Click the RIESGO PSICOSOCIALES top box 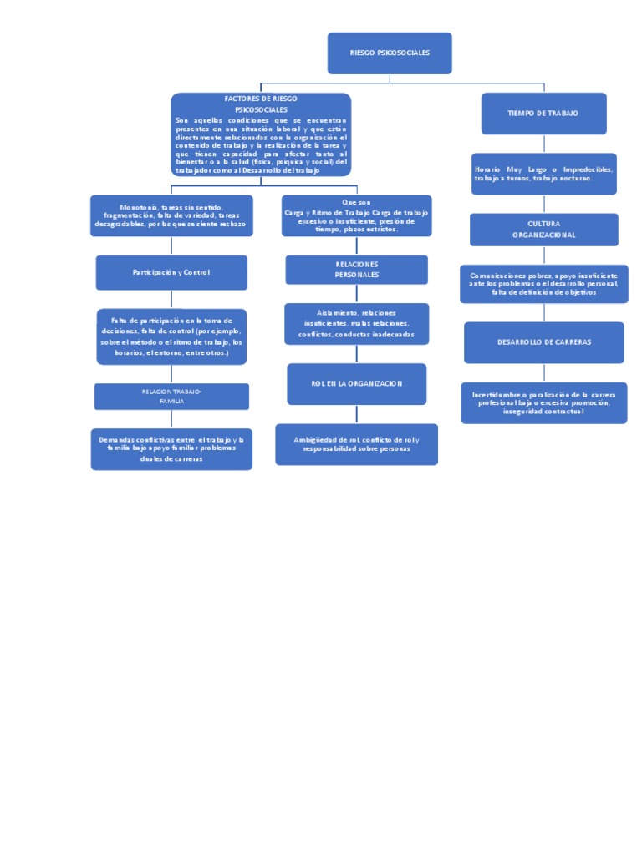pos(390,53)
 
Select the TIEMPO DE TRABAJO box pos(543,113)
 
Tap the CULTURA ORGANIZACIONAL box pos(543,230)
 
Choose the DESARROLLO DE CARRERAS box pos(543,342)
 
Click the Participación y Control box pos(171,272)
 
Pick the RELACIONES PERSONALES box pos(357,269)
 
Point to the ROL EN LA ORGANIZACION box pos(357,383)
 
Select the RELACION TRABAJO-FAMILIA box pos(171,397)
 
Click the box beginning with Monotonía pos(171,215)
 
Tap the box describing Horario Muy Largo pos(543,174)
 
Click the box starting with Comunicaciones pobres pos(543,284)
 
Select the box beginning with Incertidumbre pos(543,402)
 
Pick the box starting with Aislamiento pos(357,323)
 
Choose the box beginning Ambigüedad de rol pos(357,444)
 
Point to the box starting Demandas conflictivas pos(171,449)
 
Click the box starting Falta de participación pos(171,336)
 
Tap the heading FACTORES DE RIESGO pos(261,99)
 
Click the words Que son pos(356,202)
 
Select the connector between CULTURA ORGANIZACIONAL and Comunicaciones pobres pos(544,255)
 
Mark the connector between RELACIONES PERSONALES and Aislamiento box pos(357,293)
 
